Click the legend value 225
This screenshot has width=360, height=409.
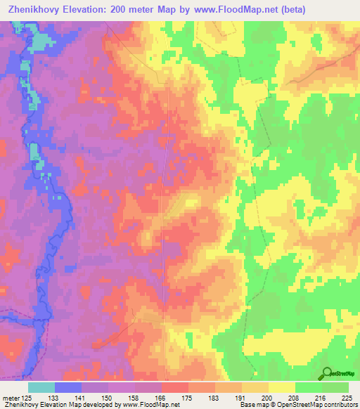tap(345, 397)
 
